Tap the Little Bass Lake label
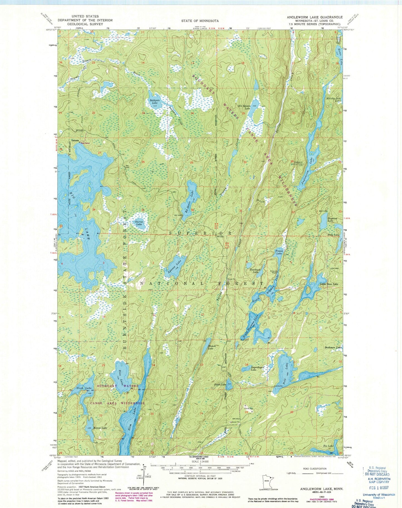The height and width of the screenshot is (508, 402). [329, 284]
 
